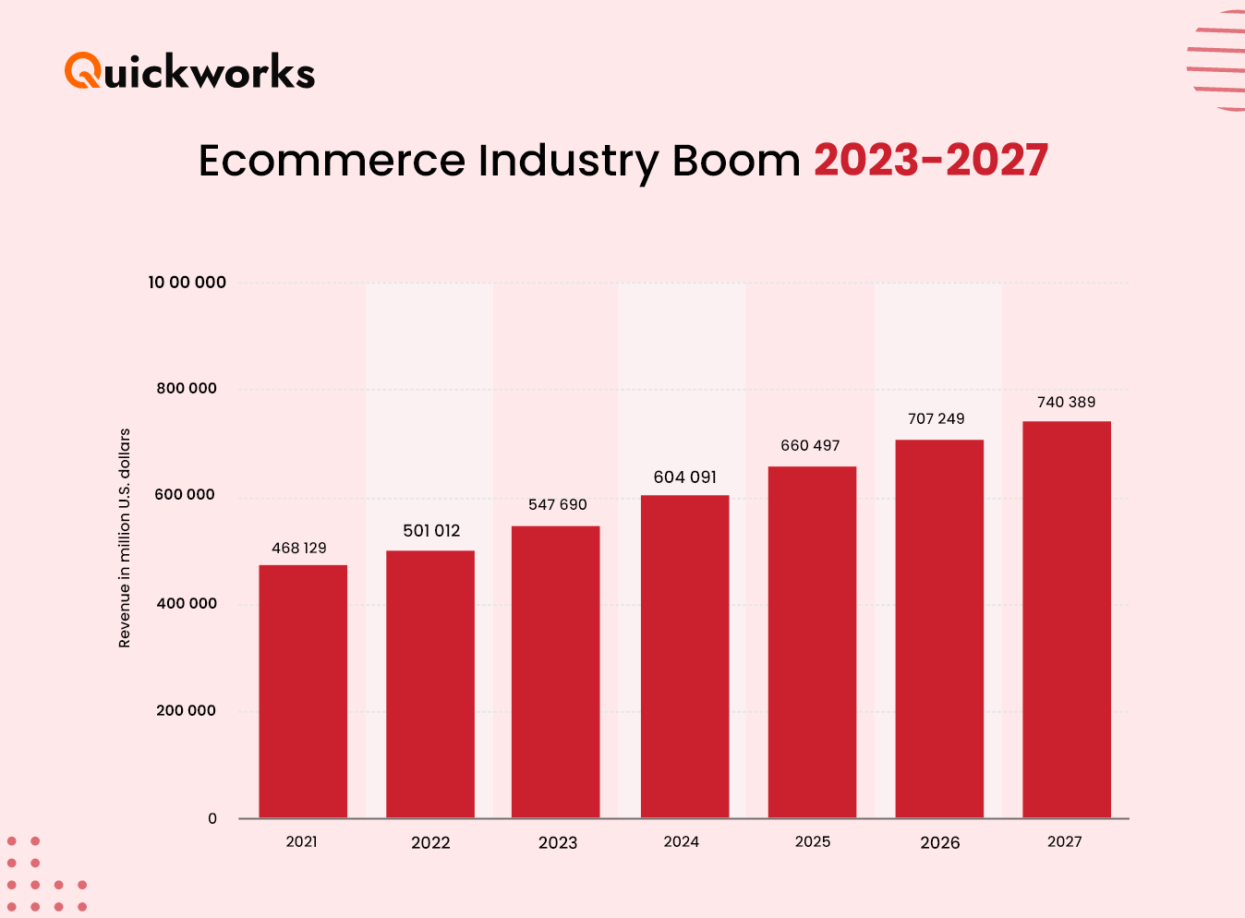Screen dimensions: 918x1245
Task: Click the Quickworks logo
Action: click(x=189, y=71)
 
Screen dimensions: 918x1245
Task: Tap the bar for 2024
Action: click(x=684, y=656)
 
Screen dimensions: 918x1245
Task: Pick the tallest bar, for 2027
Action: click(x=1067, y=619)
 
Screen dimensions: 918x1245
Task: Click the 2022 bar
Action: click(x=430, y=683)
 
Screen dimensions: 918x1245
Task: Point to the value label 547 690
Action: click(x=557, y=504)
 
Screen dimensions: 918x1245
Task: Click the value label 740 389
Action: click(x=1066, y=402)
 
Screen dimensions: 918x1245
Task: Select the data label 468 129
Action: click(x=298, y=548)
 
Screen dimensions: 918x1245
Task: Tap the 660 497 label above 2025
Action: click(x=810, y=445)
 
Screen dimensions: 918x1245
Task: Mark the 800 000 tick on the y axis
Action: click(x=187, y=388)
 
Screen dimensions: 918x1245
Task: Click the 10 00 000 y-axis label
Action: click(x=187, y=282)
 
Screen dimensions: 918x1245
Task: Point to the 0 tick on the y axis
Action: click(x=212, y=818)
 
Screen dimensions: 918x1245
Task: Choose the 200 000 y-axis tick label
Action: click(x=186, y=710)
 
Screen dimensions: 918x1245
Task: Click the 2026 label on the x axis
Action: click(x=939, y=842)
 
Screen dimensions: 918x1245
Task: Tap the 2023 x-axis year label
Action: click(x=557, y=842)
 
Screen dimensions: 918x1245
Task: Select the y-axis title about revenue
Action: click(x=125, y=538)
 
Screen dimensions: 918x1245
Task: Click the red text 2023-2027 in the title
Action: click(x=930, y=160)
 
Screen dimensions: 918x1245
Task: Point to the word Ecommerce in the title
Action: click(x=332, y=161)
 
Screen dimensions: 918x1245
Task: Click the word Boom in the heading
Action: click(x=735, y=161)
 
